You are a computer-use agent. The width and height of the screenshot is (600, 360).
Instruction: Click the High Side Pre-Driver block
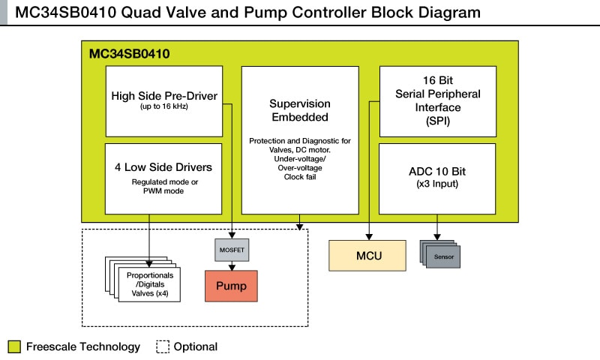[163, 100]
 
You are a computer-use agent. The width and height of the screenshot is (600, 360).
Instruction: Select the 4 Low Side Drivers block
[163, 178]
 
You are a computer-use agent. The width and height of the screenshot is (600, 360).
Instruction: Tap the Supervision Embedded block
[299, 139]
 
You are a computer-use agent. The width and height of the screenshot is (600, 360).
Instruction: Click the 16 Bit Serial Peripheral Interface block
[437, 100]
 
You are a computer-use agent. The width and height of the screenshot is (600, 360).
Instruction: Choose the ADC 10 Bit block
[437, 178]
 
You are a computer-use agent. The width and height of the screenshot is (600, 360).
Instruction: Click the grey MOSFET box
[231, 249]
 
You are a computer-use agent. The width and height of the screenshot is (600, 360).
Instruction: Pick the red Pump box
[231, 286]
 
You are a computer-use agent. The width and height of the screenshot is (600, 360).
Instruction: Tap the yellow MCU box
[368, 256]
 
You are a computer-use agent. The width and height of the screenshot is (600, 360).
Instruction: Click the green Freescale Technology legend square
[14, 346]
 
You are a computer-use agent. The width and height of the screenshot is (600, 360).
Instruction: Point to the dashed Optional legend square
[163, 346]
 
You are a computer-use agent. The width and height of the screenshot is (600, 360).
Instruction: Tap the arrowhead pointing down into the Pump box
[231, 266]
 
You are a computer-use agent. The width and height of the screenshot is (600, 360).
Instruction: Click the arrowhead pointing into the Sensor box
[437, 236]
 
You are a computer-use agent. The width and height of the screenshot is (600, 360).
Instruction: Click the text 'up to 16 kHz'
[163, 107]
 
